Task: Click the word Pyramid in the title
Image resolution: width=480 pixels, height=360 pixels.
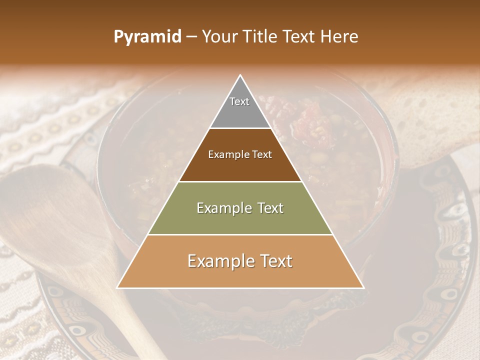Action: (x=147, y=37)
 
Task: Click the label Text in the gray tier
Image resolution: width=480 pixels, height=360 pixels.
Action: (x=239, y=101)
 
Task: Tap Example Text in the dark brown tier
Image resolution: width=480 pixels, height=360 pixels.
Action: (x=240, y=154)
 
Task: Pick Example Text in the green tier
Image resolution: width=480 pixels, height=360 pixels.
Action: (x=240, y=208)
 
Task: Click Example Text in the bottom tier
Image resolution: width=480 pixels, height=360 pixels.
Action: (x=240, y=261)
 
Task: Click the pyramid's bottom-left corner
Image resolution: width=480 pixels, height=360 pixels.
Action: (x=118, y=287)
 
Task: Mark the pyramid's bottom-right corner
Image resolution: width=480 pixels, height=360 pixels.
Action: (x=363, y=287)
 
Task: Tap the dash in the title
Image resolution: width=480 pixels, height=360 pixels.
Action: (x=191, y=37)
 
